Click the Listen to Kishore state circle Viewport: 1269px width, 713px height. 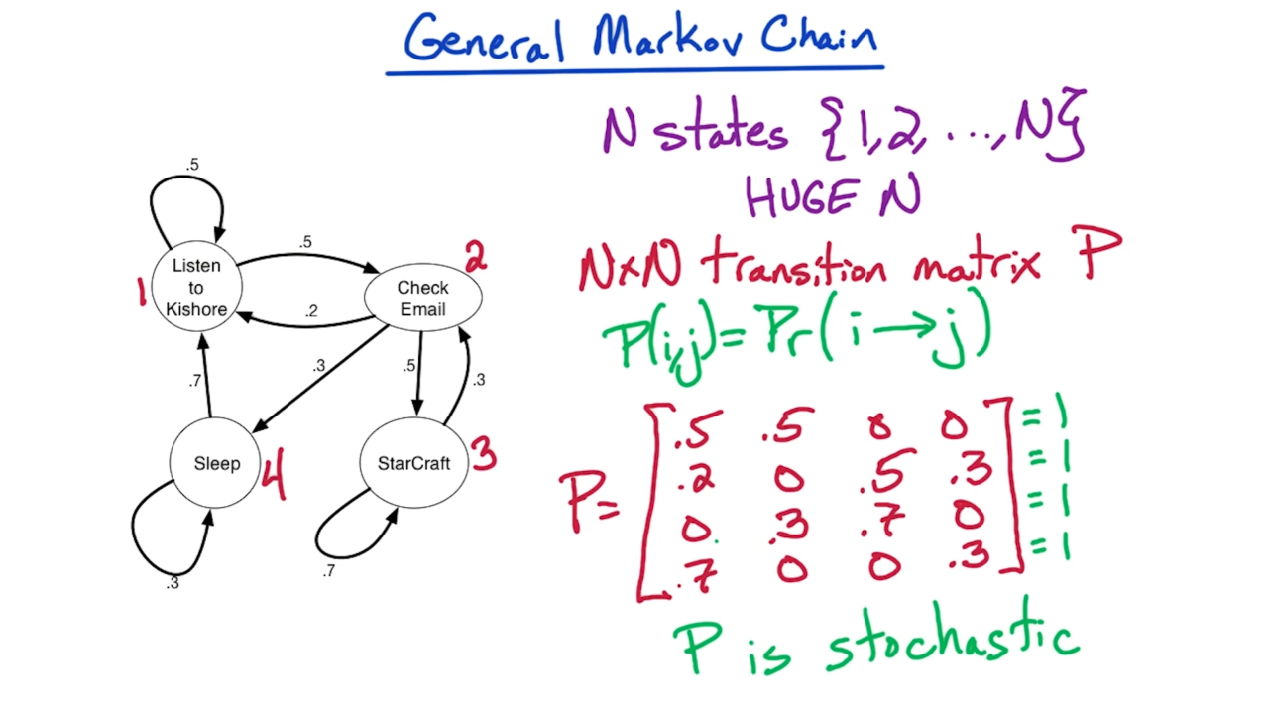point(196,288)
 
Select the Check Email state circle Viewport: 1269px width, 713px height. point(422,298)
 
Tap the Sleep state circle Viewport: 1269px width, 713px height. point(216,464)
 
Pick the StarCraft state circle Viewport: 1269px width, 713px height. point(413,464)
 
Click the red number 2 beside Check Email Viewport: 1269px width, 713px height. point(476,259)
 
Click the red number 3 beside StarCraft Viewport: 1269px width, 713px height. point(483,456)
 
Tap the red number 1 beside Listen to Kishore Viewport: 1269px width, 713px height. point(142,292)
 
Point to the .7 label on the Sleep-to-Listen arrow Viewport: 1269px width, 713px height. point(195,381)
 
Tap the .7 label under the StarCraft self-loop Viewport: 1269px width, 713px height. point(328,571)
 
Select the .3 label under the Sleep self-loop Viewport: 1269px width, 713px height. point(173,583)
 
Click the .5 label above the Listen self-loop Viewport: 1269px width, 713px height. point(192,165)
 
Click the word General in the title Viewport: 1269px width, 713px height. point(484,40)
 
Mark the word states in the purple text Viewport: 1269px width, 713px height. point(722,132)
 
